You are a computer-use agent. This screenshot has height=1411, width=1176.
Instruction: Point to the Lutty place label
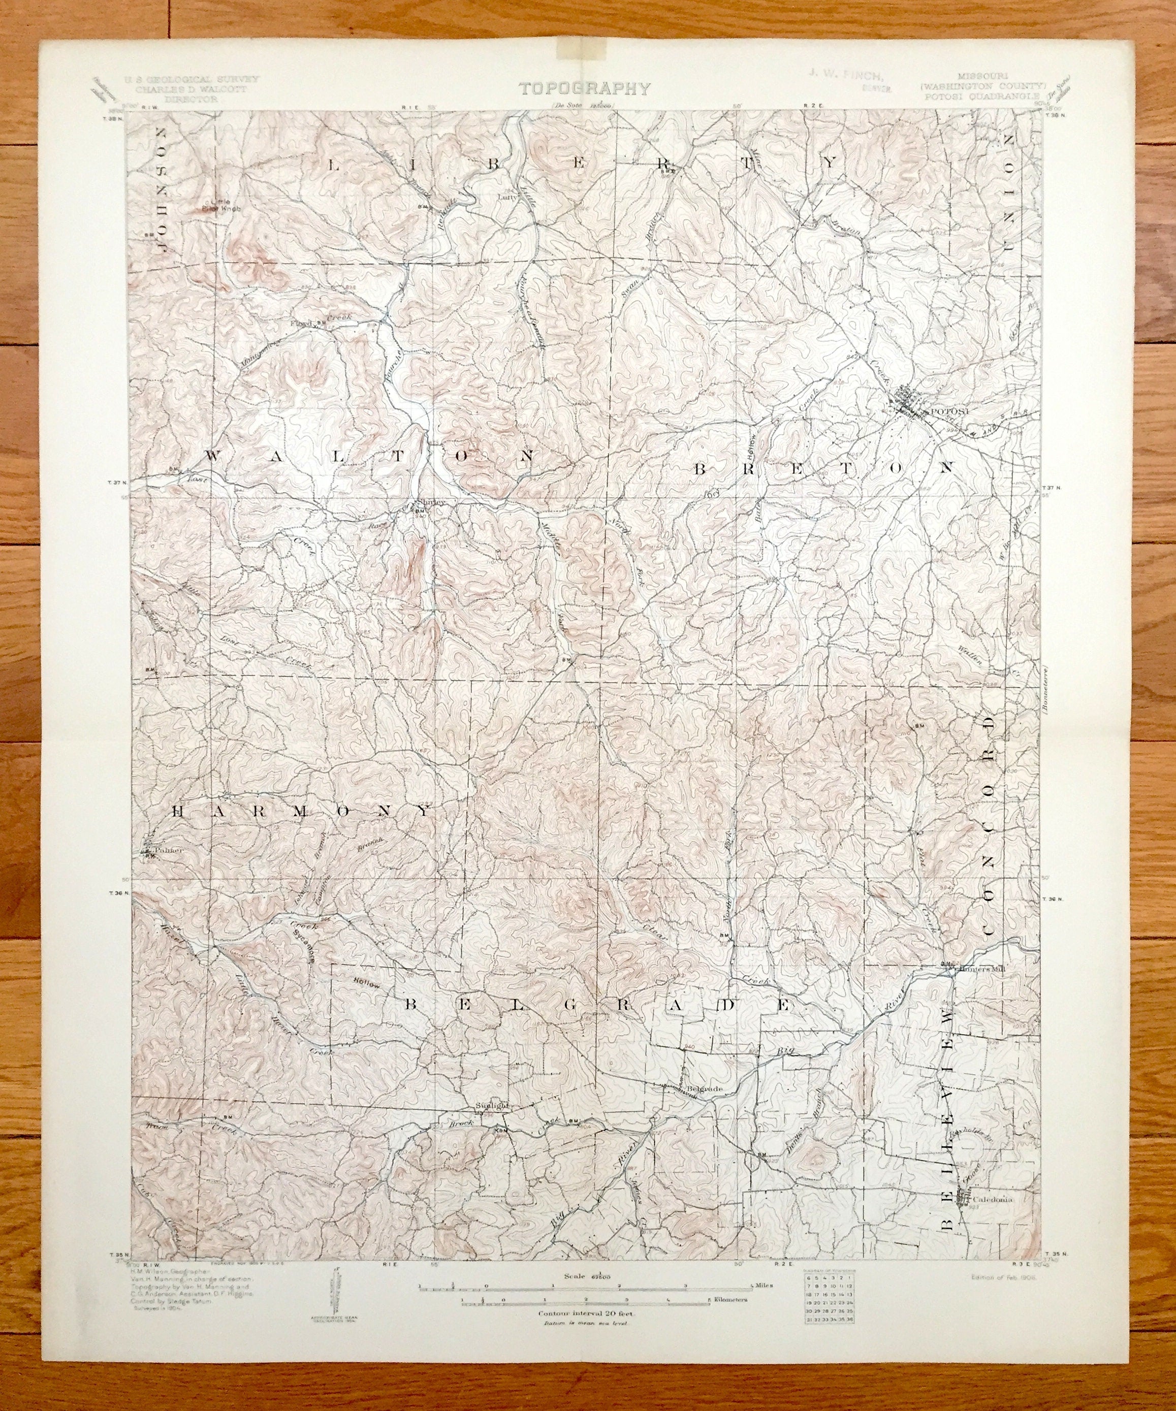click(x=506, y=198)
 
